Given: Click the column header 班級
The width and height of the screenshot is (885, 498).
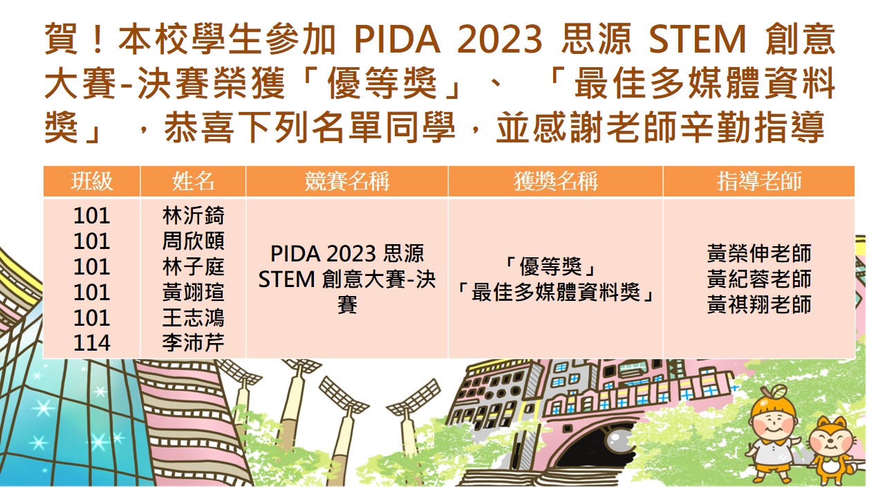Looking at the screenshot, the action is click(92, 181).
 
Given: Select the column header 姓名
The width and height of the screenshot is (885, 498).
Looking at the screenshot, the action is click(193, 181).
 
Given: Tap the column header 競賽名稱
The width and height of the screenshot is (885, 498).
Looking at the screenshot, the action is click(347, 181).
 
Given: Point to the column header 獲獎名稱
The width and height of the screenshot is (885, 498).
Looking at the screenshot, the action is click(555, 181).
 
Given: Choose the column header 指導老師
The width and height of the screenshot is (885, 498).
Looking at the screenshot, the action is click(759, 181).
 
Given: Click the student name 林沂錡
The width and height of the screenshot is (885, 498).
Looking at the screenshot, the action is click(193, 215).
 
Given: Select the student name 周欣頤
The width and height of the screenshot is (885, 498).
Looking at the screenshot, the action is click(193, 241).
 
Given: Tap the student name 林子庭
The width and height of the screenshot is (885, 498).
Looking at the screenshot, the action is click(193, 266).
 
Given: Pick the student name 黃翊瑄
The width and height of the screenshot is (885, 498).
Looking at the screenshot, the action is click(193, 292).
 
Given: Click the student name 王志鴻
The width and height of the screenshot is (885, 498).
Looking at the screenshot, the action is click(193, 317).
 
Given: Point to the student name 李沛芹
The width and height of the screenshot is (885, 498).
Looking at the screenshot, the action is click(193, 342).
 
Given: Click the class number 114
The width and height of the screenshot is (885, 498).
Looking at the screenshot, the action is click(92, 343).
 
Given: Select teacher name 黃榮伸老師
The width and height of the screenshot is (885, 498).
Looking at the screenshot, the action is click(759, 253).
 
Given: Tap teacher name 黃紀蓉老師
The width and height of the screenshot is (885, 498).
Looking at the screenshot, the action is click(759, 279).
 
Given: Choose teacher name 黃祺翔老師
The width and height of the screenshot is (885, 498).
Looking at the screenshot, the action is click(759, 304).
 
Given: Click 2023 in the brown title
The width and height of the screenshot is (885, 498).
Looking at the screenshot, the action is click(500, 39).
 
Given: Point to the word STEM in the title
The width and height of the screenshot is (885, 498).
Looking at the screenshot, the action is click(698, 39).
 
